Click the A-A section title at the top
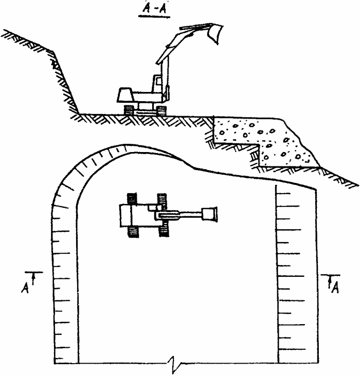click(x=154, y=9)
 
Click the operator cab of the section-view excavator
click(x=157, y=83)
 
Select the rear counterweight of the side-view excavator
click(x=125, y=95)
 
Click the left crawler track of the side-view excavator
click(x=129, y=110)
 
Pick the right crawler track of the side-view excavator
click(x=160, y=110)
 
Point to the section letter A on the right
click(x=335, y=288)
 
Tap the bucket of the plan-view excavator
click(x=209, y=214)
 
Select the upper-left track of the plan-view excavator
click(x=132, y=199)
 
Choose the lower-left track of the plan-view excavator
click(x=134, y=232)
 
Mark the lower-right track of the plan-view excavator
click(x=164, y=229)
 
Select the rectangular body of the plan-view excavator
click(x=137, y=215)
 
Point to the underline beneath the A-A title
click(x=154, y=16)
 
